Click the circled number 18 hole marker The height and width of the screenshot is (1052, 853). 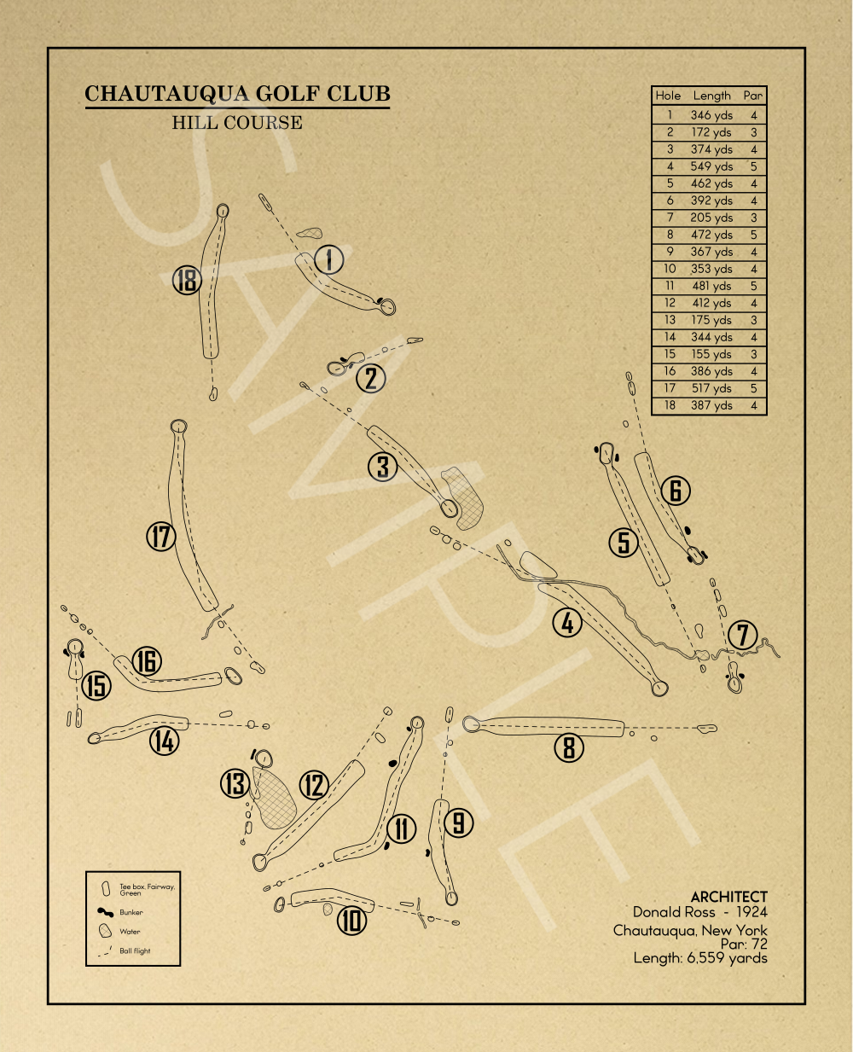pyautogui.click(x=187, y=280)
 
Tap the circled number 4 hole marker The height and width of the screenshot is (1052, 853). pyautogui.click(x=567, y=623)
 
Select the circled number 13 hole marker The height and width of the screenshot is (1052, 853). pyautogui.click(x=235, y=783)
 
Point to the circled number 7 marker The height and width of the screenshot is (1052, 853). pyautogui.click(x=742, y=635)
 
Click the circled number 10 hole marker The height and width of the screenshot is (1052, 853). pyautogui.click(x=351, y=921)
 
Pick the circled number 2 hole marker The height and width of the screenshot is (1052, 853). pyautogui.click(x=370, y=378)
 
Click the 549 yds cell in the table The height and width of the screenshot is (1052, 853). pyautogui.click(x=711, y=166)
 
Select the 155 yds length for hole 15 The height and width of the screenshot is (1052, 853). pyautogui.click(x=711, y=354)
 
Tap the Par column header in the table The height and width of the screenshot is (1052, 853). pyautogui.click(x=752, y=96)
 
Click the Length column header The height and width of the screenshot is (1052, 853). pyautogui.click(x=711, y=96)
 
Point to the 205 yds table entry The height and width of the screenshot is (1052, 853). pyautogui.click(x=711, y=218)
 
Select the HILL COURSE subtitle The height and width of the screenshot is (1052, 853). pyautogui.click(x=237, y=123)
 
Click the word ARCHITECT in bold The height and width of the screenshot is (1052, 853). pyautogui.click(x=728, y=897)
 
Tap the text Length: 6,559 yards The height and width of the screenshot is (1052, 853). pyautogui.click(x=700, y=958)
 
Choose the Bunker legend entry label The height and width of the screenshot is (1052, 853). pyautogui.click(x=131, y=912)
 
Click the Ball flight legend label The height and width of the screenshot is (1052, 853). pyautogui.click(x=135, y=950)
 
